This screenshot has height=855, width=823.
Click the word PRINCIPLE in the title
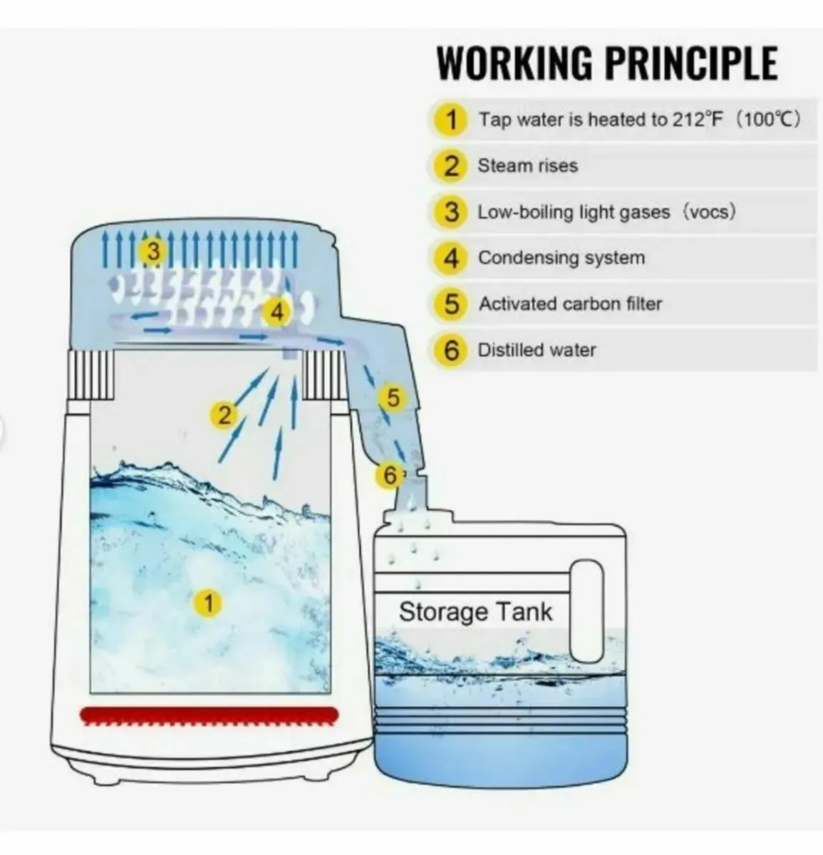(690, 63)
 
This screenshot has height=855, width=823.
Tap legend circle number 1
(452, 119)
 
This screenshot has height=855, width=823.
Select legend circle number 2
(452, 165)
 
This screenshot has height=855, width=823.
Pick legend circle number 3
(452, 212)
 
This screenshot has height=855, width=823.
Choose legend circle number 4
(452, 258)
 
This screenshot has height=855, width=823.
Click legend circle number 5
(452, 304)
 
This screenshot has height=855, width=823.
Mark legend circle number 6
(452, 350)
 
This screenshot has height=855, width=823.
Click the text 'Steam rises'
(527, 166)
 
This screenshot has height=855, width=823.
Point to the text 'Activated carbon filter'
(570, 304)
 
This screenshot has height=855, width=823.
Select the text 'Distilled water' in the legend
(537, 350)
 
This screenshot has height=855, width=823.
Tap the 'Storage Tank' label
(475, 612)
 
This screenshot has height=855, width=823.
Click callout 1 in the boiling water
(208, 603)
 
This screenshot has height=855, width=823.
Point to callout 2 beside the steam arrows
(224, 414)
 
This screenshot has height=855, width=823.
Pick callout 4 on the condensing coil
(276, 312)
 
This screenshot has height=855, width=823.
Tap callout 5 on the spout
(393, 398)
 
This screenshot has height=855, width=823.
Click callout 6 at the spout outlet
(389, 475)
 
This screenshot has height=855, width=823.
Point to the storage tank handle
(588, 610)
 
